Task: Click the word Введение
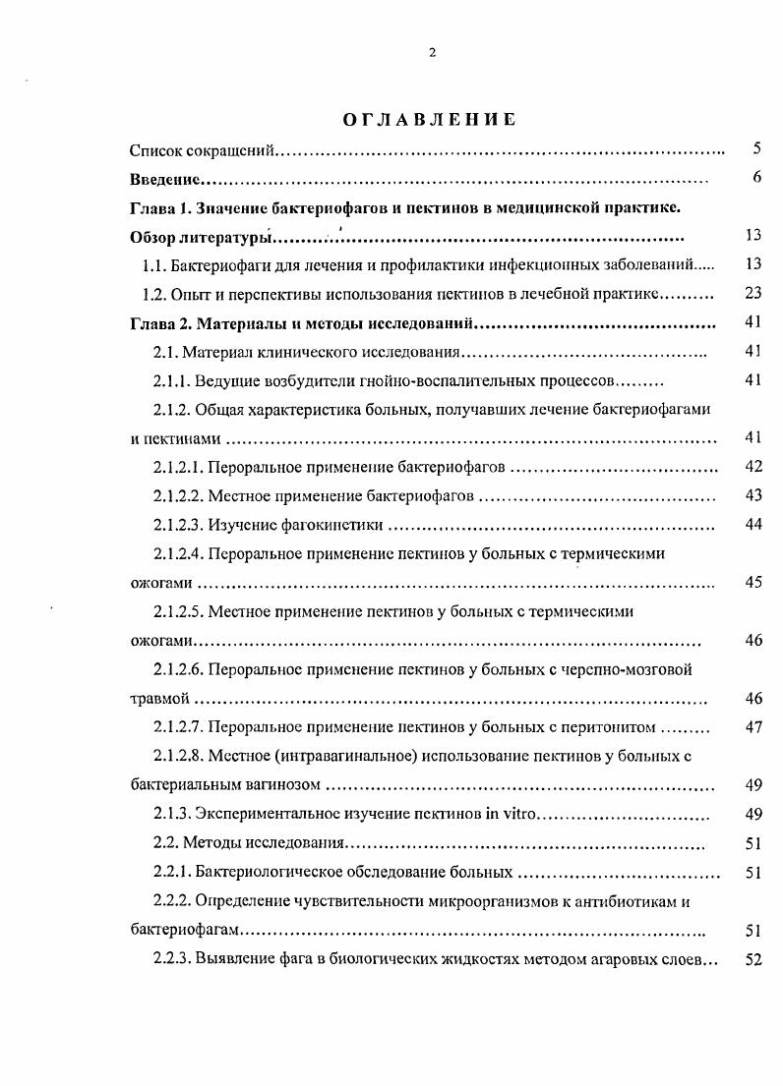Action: click(165, 180)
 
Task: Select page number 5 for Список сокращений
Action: click(755, 149)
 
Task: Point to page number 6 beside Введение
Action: click(755, 178)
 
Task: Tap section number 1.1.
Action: click(153, 264)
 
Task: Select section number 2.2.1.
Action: click(172, 872)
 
